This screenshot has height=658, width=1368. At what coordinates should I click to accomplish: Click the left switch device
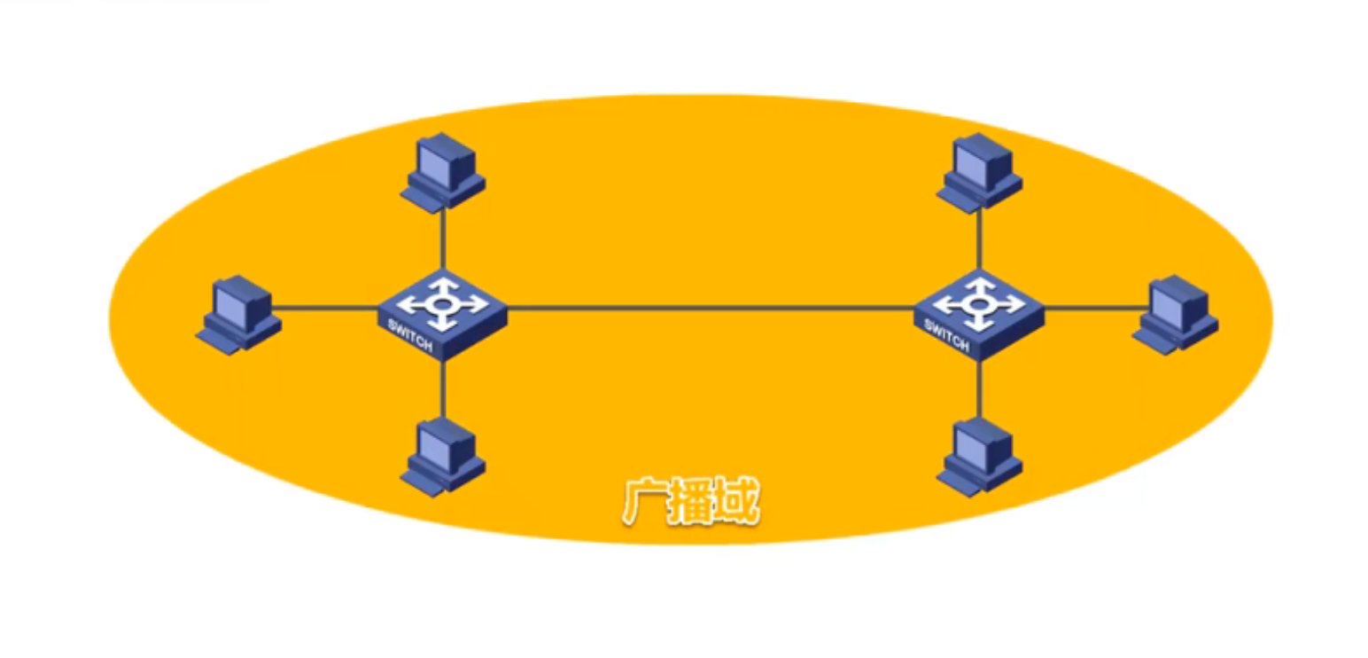(441, 312)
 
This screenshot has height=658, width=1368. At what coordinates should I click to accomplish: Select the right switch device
(978, 312)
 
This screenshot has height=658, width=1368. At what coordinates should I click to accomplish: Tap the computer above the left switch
(442, 172)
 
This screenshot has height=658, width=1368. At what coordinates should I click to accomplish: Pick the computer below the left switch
(442, 456)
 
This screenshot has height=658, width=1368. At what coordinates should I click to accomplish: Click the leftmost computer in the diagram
(238, 314)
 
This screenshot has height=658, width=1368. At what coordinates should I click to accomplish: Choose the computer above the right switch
(980, 172)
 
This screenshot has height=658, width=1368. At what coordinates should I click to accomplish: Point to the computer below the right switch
(980, 456)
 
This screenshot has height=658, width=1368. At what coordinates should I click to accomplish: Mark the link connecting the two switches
(709, 309)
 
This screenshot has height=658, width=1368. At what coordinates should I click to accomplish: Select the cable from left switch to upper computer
(442, 239)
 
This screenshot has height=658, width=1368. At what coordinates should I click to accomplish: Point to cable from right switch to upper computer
(979, 239)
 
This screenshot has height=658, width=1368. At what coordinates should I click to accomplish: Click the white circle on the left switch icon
(441, 303)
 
